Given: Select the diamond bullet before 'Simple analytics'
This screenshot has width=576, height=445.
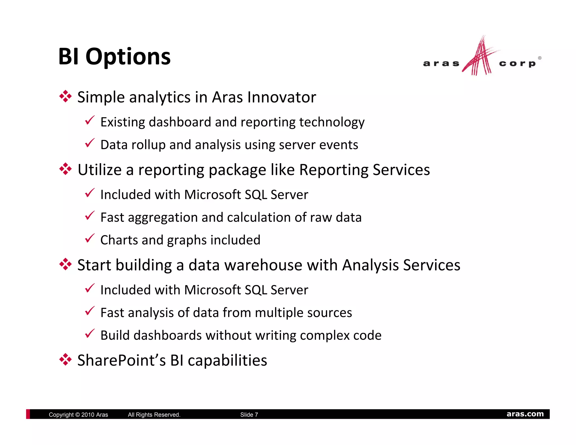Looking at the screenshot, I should click(66, 96).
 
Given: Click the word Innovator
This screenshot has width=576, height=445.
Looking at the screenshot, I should click(282, 97).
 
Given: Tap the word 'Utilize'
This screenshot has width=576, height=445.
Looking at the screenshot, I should click(100, 170).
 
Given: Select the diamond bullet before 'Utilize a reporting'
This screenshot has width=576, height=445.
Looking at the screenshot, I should click(66, 169).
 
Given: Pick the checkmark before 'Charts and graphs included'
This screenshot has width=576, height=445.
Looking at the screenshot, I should click(90, 238).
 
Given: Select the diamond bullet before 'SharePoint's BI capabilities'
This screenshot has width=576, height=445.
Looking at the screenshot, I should click(66, 359).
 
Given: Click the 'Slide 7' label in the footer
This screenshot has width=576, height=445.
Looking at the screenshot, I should click(249, 415).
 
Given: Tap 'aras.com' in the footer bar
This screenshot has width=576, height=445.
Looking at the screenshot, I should click(525, 414).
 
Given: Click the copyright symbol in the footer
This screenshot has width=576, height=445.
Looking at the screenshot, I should click(78, 415).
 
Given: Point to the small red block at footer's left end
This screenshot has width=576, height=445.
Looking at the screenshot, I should click(28, 414).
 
